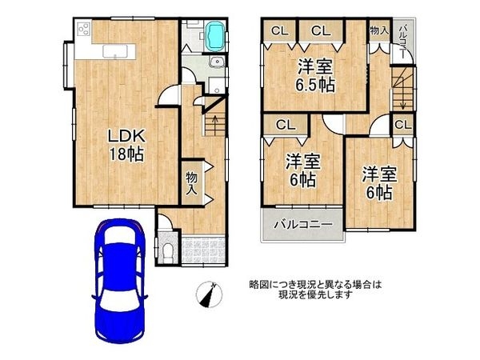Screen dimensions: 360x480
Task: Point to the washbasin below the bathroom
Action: (214, 66)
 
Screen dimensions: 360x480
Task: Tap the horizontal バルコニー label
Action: (304, 226)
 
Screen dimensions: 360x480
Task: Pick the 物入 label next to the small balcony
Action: (379, 30)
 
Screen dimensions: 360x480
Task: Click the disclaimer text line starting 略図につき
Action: (317, 284)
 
